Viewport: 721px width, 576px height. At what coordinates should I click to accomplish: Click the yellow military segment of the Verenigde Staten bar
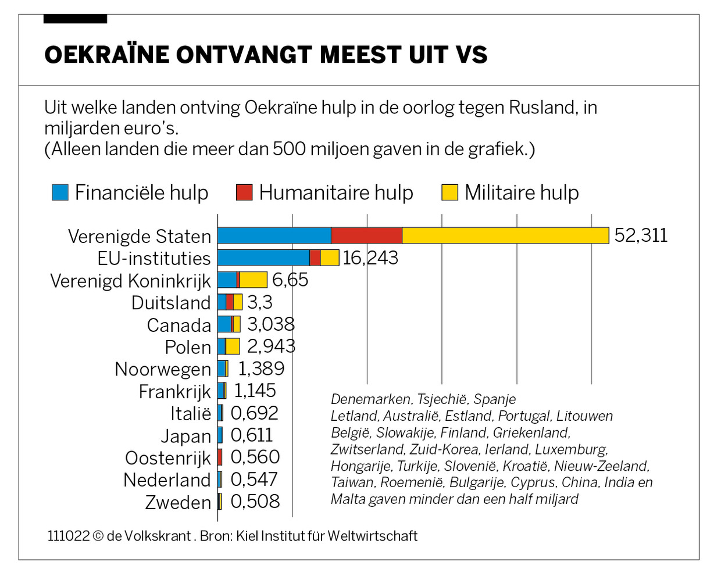(505, 235)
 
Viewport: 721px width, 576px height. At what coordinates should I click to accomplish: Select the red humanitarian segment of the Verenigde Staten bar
(366, 235)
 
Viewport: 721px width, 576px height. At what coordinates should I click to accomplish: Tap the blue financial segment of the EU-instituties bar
(263, 257)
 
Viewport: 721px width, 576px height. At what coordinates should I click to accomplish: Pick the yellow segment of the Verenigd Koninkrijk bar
(254, 280)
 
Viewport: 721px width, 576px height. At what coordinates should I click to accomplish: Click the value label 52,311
(641, 235)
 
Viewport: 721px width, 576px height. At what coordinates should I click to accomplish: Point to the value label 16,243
(370, 257)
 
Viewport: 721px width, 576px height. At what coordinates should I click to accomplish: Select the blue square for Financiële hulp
(60, 192)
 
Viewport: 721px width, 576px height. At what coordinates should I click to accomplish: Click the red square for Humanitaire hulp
(244, 192)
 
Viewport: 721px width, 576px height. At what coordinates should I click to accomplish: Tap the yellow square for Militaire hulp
(449, 192)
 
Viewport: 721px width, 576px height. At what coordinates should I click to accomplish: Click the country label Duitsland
(171, 303)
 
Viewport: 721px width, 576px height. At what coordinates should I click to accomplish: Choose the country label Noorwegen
(163, 369)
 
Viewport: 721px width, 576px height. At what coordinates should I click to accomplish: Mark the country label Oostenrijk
(168, 458)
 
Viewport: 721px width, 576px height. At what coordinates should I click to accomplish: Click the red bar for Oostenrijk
(220, 457)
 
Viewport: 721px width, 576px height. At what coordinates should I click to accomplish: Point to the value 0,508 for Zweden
(255, 502)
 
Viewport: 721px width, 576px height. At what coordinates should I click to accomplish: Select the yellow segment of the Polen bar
(233, 346)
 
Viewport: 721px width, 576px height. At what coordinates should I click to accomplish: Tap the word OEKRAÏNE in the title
(106, 55)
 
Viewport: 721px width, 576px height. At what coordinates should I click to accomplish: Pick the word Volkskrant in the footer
(157, 536)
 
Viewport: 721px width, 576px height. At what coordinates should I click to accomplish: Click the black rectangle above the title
(75, 19)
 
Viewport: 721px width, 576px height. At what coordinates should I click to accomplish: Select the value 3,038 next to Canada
(271, 324)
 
